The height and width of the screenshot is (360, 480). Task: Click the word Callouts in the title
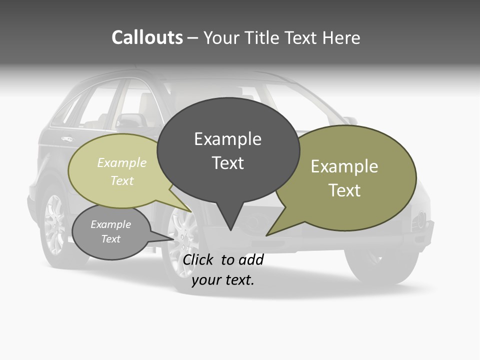click(x=147, y=37)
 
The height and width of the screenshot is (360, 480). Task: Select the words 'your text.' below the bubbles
click(x=223, y=280)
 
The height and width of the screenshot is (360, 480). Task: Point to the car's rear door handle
click(x=66, y=139)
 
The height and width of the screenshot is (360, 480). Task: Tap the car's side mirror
click(x=130, y=120)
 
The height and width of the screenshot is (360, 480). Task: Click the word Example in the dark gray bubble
click(x=227, y=139)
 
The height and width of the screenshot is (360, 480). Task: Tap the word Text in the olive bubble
click(x=344, y=190)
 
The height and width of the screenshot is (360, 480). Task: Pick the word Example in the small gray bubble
click(x=110, y=224)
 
